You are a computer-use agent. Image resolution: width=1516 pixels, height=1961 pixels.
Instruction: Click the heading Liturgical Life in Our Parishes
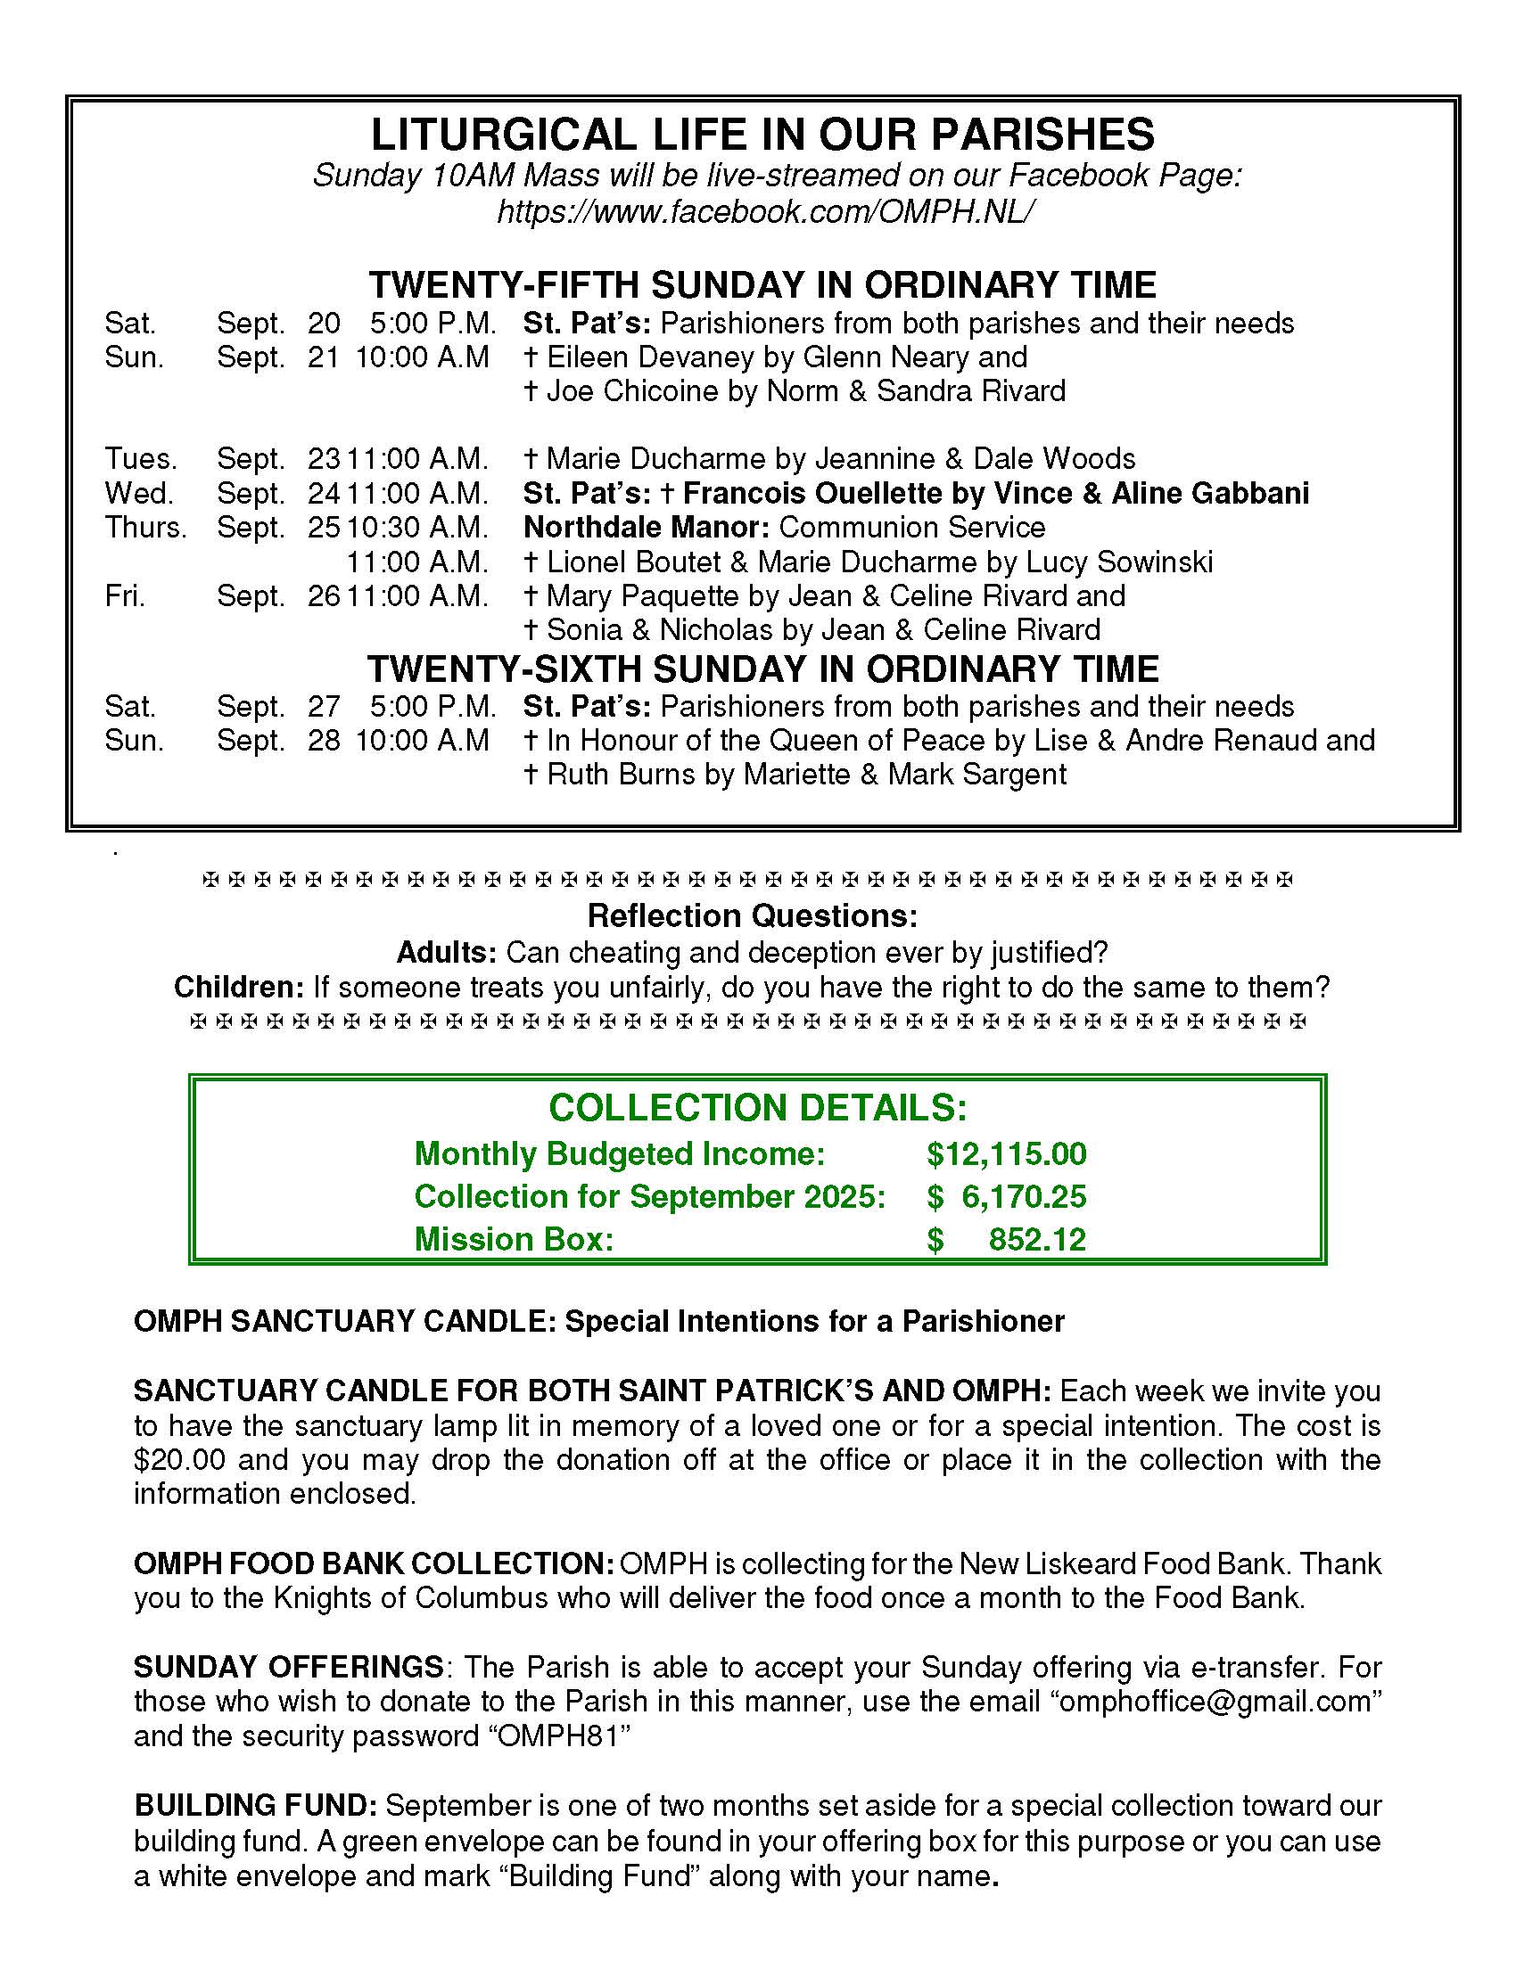pos(762,135)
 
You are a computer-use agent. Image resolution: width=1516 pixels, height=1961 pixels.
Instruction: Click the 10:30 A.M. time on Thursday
pos(417,527)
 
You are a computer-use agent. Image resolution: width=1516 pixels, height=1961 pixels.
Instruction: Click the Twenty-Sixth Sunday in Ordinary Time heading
pos(762,669)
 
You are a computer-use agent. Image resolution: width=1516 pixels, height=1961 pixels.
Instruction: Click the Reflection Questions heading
pos(753,915)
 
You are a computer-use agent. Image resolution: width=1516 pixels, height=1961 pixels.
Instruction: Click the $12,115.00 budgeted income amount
pos(1006,1153)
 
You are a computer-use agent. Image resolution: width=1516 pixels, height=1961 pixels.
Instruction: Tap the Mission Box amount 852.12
pos(1036,1240)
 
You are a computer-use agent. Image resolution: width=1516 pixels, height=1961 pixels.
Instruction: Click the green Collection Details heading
pos(757,1108)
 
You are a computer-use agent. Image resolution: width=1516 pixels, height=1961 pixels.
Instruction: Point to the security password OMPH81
pos(558,1736)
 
